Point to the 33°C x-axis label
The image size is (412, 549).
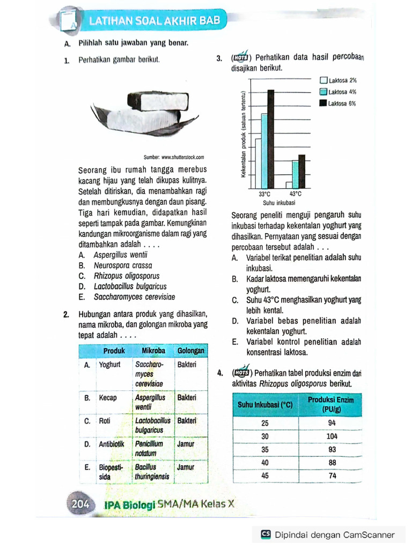coord(265,194)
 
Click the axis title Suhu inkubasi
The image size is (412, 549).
coord(279,203)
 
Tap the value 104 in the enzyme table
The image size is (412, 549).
coord(332,436)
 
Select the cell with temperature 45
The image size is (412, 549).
coord(264,475)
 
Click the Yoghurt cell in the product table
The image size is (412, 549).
coord(110,365)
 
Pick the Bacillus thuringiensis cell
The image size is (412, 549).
coord(152,472)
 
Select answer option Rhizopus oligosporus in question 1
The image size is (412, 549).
coord(123,276)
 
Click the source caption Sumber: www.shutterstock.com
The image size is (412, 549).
coord(174,157)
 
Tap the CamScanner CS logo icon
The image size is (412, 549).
coord(266,534)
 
